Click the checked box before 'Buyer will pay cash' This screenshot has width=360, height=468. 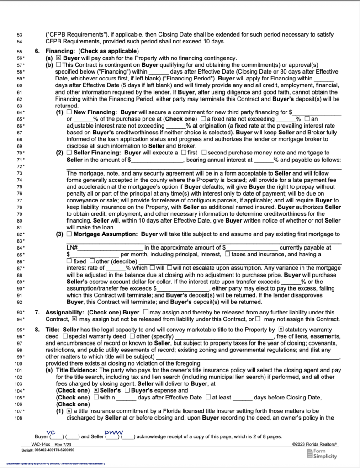pyautogui.click(x=58, y=58)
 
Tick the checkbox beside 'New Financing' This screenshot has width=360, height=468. pyautogui.click(x=69, y=112)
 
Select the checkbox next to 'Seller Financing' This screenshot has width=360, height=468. pyautogui.click(x=69, y=152)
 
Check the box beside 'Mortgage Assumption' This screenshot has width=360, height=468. pyautogui.click(x=69, y=234)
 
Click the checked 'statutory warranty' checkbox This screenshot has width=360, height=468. pyautogui.click(x=281, y=329)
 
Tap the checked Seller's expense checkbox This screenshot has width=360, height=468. pyautogui.click(x=96, y=391)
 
